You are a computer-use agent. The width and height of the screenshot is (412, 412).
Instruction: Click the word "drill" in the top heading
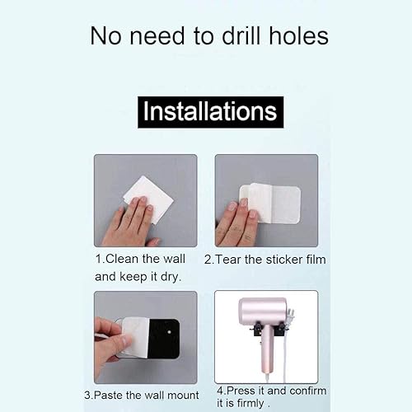tap(241, 35)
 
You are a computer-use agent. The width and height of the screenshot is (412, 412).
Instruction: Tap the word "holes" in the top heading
tap(298, 35)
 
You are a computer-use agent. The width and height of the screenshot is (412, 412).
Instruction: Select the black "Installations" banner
tap(210, 112)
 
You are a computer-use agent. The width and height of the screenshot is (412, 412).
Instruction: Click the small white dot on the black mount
tap(169, 332)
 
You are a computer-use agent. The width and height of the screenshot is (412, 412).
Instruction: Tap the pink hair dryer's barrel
tap(263, 312)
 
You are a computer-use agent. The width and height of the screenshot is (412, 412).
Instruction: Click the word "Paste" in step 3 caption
tap(108, 396)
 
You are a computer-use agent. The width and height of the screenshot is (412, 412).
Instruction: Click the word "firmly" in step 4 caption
tap(250, 404)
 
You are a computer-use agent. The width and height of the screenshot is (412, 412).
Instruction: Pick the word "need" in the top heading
tap(157, 36)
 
